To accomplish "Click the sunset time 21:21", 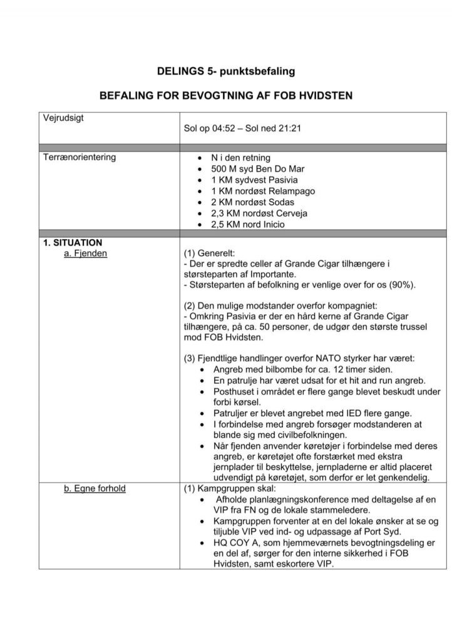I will tap(289, 129).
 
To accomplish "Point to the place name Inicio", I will tap(274, 224).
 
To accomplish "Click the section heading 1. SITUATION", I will tap(73, 242).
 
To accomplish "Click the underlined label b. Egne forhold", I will tap(95, 488).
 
